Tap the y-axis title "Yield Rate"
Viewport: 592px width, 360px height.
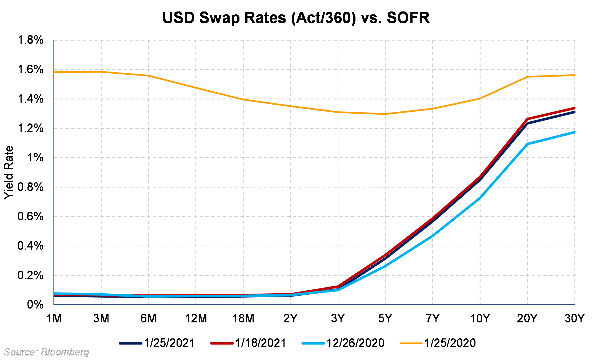[9, 172]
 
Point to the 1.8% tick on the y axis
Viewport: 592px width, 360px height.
[31, 40]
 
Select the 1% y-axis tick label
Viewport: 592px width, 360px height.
[35, 158]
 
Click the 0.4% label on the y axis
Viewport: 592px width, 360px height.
[31, 246]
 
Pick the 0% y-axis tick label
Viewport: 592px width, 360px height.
[35, 305]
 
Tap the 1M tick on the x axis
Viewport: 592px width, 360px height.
[54, 318]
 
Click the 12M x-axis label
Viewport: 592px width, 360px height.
[196, 318]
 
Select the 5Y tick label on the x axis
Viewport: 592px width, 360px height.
[385, 318]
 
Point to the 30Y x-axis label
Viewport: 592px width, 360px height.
[574, 318]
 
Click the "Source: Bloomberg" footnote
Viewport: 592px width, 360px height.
[47, 352]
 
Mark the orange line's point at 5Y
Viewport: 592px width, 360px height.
[385, 114]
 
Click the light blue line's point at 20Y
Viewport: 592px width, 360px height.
[527, 144]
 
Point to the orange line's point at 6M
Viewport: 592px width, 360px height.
[149, 76]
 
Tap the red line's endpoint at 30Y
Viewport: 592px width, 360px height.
[574, 108]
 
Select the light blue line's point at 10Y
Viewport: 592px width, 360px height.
[480, 198]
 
